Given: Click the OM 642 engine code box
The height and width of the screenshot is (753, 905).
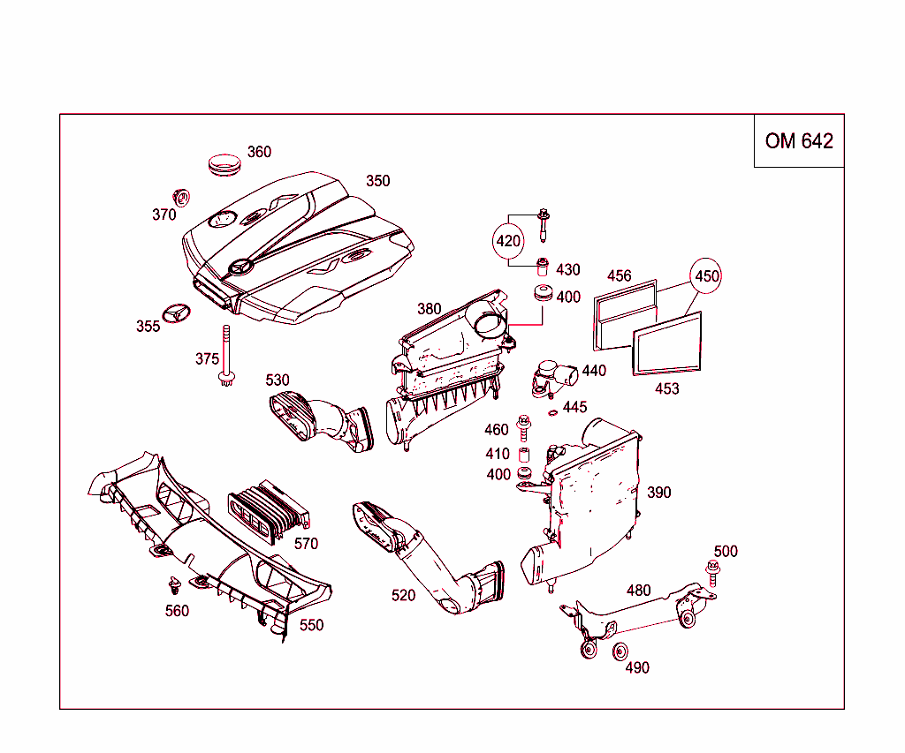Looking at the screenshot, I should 799,141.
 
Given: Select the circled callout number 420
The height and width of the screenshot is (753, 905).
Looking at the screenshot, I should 508,240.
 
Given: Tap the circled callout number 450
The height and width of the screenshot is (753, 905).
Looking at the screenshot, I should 706,276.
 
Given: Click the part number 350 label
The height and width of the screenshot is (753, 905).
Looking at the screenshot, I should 377,181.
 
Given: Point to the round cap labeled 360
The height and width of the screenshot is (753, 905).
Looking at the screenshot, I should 224,164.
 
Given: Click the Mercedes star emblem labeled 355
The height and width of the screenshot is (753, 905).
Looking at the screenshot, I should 177,314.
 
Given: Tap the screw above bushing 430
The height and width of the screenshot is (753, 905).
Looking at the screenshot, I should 544,224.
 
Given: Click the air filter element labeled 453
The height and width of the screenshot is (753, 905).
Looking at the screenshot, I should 666,343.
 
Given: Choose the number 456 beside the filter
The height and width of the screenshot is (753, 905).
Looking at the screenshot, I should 620,275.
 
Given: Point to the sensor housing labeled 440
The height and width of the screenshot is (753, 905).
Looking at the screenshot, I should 551,378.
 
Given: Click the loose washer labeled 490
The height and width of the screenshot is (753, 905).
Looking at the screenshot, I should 620,653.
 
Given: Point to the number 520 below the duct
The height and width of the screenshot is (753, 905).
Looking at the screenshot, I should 403,596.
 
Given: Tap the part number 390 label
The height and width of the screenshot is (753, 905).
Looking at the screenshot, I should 658,493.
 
